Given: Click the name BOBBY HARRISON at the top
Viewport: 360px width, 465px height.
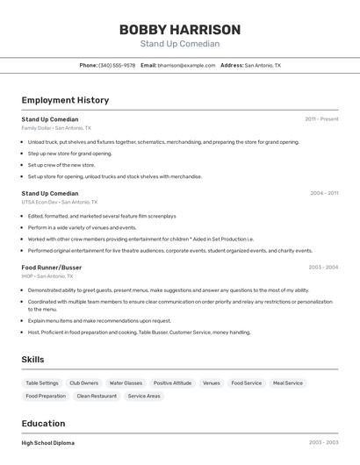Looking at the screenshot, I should (x=179, y=29).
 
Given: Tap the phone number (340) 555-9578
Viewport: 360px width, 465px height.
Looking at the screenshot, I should (x=117, y=65).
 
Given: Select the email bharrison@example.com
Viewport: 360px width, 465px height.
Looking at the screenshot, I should (x=186, y=65).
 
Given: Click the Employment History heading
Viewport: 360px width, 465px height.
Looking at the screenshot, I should (x=65, y=100).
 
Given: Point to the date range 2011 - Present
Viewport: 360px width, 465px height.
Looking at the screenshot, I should (x=321, y=118).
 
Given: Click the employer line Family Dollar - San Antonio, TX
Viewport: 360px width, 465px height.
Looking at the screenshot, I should (x=56, y=127).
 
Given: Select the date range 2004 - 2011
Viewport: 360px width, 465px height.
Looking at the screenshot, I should (x=323, y=193).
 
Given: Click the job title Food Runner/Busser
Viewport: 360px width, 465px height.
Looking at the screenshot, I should (x=52, y=267).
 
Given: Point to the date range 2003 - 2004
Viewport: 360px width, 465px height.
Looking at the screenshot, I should (x=323, y=267).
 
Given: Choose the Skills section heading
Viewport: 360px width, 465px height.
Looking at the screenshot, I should (x=32, y=359).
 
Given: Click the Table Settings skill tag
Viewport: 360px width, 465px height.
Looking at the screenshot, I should (x=42, y=383).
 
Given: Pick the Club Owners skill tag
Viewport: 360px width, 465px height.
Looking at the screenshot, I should (x=83, y=383).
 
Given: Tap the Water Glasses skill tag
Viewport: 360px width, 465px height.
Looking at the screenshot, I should (x=126, y=383).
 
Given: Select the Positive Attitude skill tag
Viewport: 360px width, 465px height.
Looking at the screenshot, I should (x=172, y=383).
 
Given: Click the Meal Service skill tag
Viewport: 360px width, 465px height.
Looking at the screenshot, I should (x=287, y=383).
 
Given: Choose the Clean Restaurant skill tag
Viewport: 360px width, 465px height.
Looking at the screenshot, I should (x=97, y=396).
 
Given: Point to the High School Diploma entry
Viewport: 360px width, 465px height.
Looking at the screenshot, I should (x=48, y=443).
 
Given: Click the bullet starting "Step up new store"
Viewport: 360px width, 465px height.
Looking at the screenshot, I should (x=70, y=153).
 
